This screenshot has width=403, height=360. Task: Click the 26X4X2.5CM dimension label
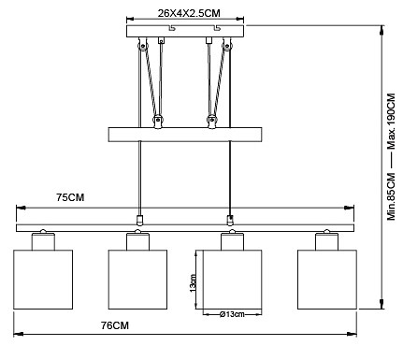(189, 13)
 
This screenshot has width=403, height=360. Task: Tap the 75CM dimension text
(70, 197)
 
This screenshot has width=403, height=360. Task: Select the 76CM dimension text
(115, 325)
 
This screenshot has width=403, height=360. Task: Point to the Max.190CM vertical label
(391, 121)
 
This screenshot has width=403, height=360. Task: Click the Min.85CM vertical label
(391, 196)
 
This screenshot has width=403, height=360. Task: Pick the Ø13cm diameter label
(232, 314)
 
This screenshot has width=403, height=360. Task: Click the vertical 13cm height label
(193, 283)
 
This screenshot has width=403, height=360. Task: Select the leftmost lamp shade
(43, 280)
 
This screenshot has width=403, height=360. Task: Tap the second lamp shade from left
(137, 280)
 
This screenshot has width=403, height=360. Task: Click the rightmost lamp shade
(327, 280)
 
